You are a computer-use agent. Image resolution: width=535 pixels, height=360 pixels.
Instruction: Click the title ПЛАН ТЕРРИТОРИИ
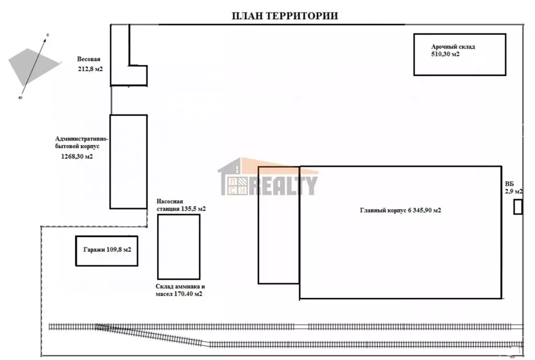[285, 16]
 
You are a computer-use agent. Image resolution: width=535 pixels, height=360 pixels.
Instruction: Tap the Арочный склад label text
[453, 47]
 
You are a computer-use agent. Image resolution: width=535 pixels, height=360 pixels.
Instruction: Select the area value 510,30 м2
[445, 54]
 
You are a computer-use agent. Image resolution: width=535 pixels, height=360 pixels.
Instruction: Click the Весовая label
[89, 60]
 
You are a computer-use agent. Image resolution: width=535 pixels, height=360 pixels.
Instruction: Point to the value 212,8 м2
[90, 69]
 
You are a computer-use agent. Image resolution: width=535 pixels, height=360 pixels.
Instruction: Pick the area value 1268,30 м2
[77, 157]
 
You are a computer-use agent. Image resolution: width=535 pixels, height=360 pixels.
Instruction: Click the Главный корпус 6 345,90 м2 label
[401, 211]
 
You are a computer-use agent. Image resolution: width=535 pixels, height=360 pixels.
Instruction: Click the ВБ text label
[509, 184]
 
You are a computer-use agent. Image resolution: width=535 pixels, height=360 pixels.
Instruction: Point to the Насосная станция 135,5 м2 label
[181, 205]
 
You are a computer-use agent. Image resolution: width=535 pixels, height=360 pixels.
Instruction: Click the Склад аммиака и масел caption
[180, 290]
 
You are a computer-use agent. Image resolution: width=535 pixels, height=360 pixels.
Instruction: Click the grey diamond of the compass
[34, 66]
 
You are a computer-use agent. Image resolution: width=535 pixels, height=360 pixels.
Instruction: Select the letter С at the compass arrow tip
[48, 35]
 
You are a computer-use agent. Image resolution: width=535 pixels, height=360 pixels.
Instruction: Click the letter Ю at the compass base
[20, 98]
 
